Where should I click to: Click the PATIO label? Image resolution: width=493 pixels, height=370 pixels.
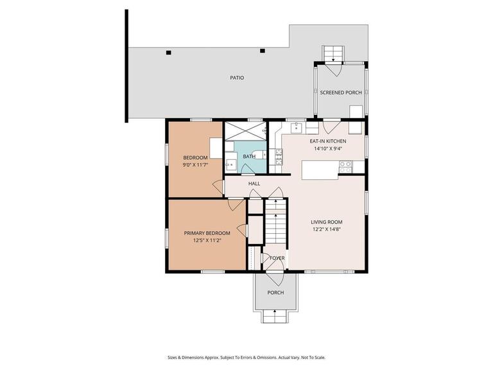pos(237,78)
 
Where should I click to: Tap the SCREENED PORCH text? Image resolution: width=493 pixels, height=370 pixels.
pos(341,92)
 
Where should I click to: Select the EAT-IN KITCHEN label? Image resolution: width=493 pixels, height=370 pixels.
pos(328,141)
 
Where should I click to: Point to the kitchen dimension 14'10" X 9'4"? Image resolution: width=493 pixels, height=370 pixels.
pos(328,148)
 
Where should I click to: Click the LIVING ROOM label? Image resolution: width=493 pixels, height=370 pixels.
pos(327,222)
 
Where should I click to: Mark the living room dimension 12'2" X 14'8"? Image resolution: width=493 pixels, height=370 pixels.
pos(327,229)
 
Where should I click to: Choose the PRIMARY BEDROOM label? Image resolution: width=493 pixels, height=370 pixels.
pos(207,233)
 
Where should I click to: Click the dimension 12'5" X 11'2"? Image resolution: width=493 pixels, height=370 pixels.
pos(207,241)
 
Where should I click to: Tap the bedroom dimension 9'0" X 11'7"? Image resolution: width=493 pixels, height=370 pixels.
pos(195,166)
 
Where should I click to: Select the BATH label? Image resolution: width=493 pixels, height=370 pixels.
pos(249,156)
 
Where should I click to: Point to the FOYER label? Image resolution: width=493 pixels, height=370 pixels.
pos(277,258)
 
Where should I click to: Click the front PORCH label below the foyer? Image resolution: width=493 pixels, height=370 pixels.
pos(275,292)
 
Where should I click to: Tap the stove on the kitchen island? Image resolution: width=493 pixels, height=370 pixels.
pos(345,165)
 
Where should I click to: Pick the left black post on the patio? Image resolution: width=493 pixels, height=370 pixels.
pos(168,52)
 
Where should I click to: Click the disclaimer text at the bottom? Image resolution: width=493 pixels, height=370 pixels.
pos(246,358)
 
